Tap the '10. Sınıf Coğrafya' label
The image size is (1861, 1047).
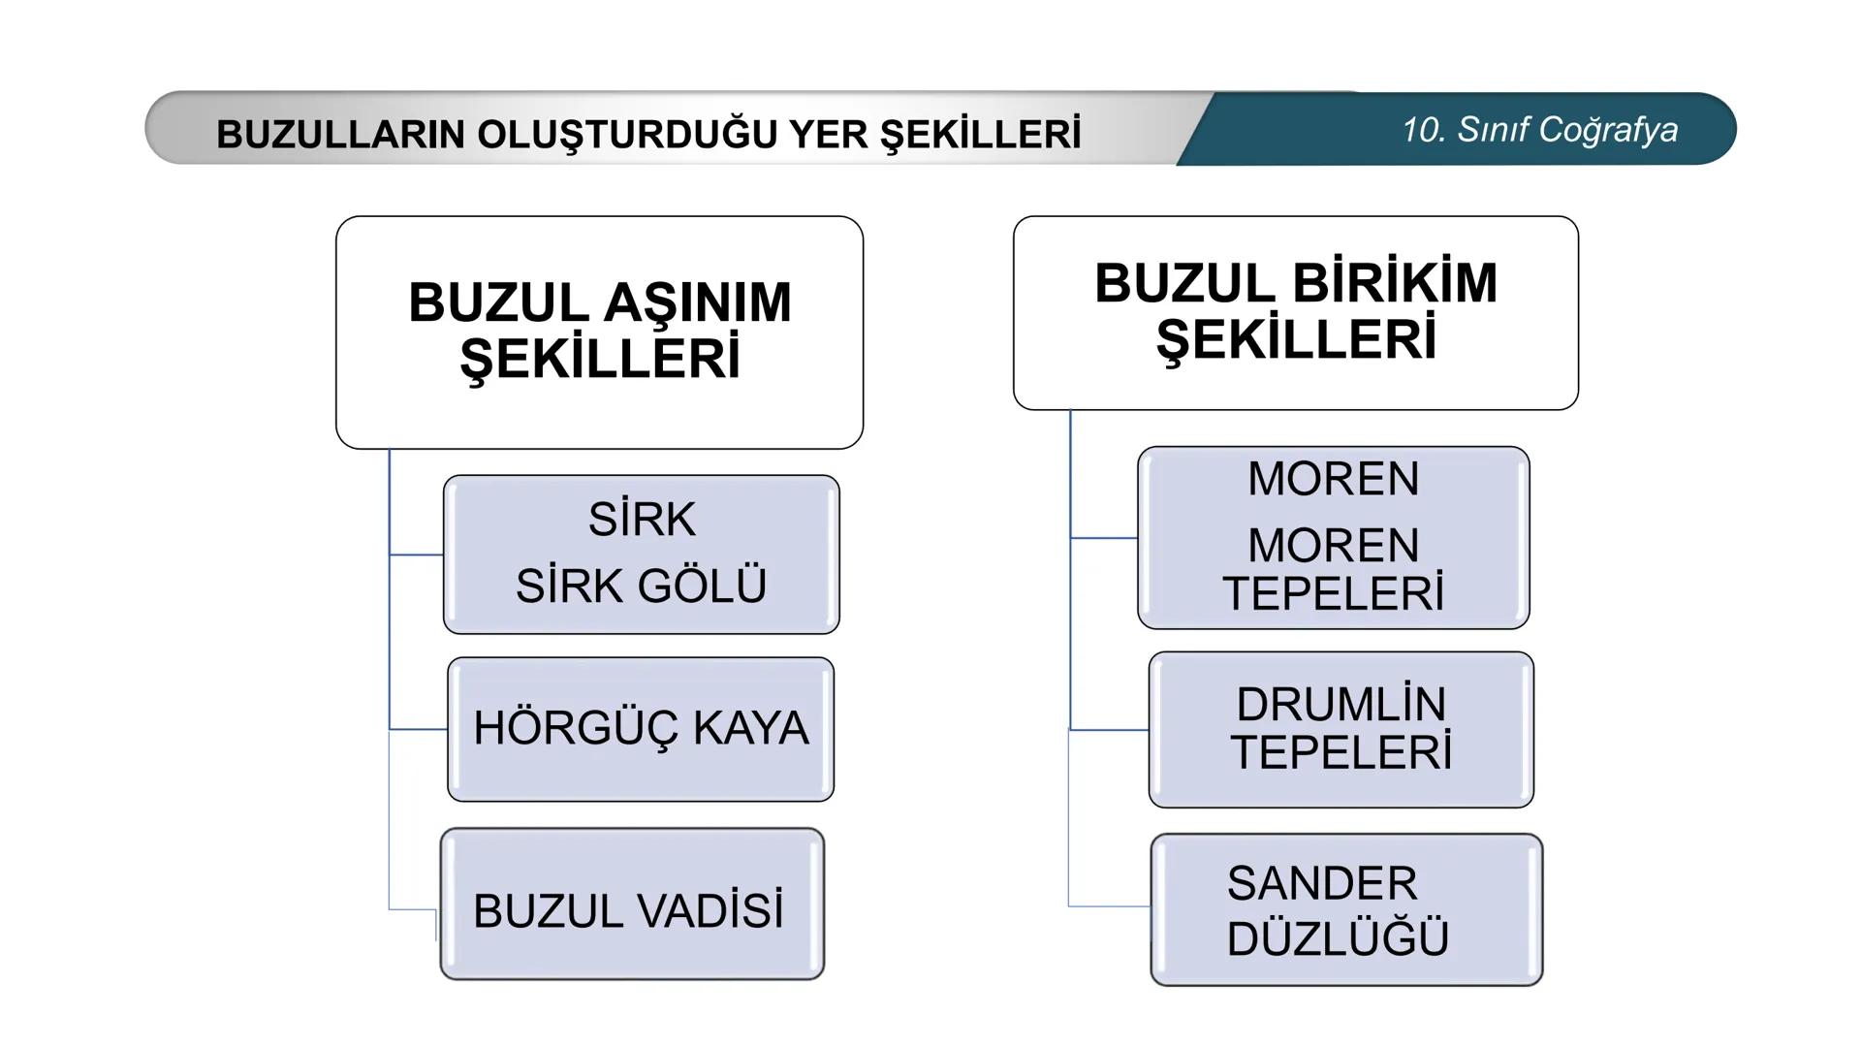tap(1539, 130)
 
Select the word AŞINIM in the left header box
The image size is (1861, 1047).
tap(697, 302)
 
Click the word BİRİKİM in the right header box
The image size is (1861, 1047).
tap(1395, 284)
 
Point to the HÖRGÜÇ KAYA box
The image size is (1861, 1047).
tap(641, 729)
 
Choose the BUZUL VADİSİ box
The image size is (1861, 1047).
tap(632, 904)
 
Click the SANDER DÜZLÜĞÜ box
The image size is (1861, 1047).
tap(1345, 909)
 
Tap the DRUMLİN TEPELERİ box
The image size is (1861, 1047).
tap(1341, 729)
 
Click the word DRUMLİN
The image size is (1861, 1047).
tap(1341, 705)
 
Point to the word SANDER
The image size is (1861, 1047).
tap(1322, 883)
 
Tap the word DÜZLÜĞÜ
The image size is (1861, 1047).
tap(1338, 938)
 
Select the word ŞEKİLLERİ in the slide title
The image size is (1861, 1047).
tap(980, 135)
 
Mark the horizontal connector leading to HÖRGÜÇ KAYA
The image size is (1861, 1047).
tap(418, 729)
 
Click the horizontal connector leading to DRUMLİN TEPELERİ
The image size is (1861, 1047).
tap(1109, 729)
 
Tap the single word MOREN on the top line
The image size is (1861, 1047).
tap(1333, 479)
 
